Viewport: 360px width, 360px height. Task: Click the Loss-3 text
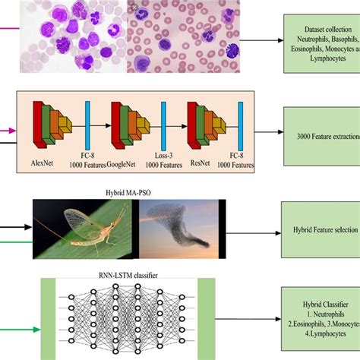click(164, 154)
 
